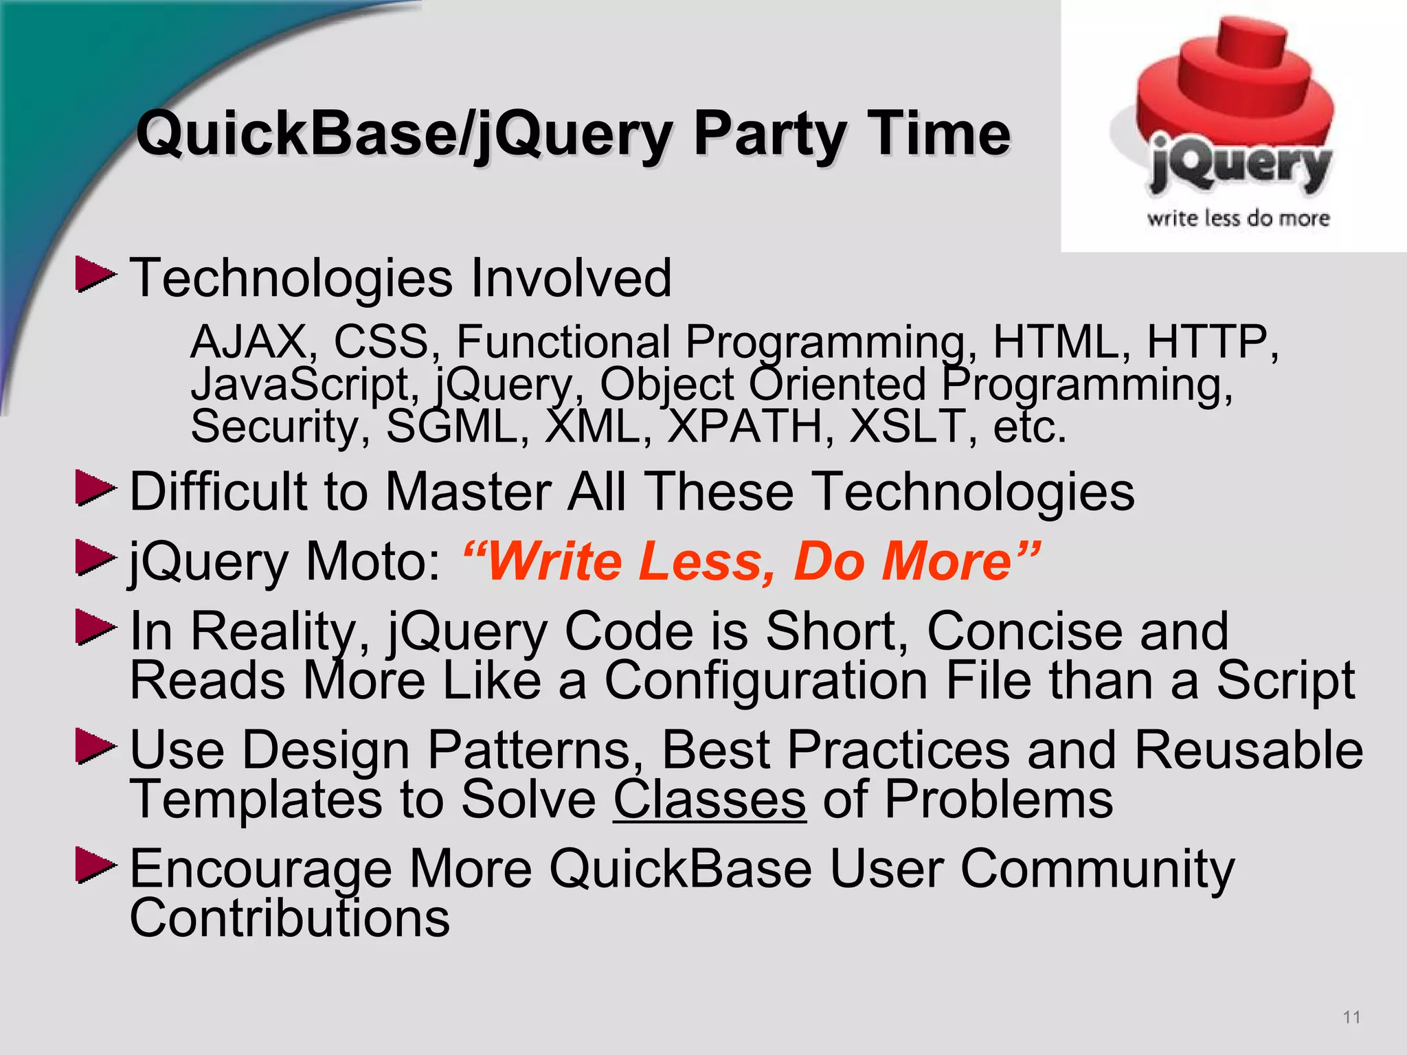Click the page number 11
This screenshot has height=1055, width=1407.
coord(1351,1017)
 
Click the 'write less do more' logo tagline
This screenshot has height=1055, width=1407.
coord(1238,218)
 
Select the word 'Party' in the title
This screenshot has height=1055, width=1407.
coord(769,135)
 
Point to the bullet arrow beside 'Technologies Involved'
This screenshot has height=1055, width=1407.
coord(95,275)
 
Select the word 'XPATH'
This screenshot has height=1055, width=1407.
coord(751,427)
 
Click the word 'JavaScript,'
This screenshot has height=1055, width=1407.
coord(305,385)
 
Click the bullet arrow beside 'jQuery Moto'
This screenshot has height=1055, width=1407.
coord(95,558)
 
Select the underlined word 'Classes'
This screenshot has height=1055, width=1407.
coord(709,799)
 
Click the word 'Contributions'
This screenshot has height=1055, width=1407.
coord(289,918)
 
